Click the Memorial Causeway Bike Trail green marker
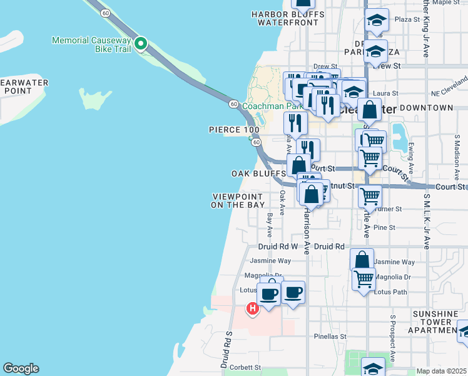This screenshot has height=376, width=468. (x=141, y=44)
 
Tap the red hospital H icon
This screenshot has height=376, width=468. (x=252, y=308)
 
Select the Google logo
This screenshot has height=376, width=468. (x=21, y=368)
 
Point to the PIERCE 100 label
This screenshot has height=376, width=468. (x=234, y=130)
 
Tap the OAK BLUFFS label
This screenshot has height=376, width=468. (x=258, y=174)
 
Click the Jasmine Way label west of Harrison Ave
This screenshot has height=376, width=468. (x=270, y=261)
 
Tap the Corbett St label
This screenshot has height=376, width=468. (x=245, y=368)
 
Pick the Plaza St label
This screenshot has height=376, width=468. (x=407, y=19)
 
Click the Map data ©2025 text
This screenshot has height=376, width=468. (x=441, y=371)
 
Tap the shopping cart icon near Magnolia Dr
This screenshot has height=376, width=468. (x=364, y=278)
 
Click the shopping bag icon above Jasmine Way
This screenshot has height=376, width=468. (x=362, y=259)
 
